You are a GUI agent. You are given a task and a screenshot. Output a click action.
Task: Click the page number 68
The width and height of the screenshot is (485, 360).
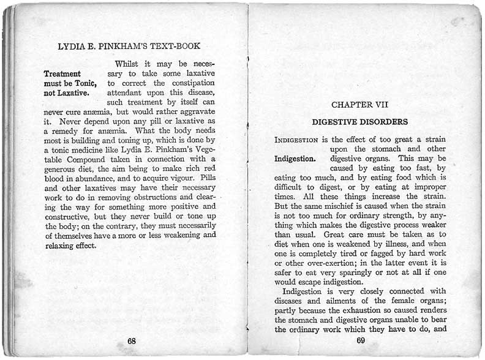(x=131, y=341)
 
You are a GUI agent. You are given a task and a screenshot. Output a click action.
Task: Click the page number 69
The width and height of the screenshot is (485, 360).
(x=360, y=341)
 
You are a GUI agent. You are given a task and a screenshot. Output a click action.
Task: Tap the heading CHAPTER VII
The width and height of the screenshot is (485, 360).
(x=359, y=105)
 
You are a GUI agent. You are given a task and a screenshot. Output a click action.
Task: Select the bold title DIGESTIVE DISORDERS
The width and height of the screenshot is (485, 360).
(x=360, y=122)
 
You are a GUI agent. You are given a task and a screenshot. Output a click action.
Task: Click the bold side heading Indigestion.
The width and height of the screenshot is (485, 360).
(x=295, y=159)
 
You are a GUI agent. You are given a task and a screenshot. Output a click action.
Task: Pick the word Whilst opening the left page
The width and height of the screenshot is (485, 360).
(x=129, y=64)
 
